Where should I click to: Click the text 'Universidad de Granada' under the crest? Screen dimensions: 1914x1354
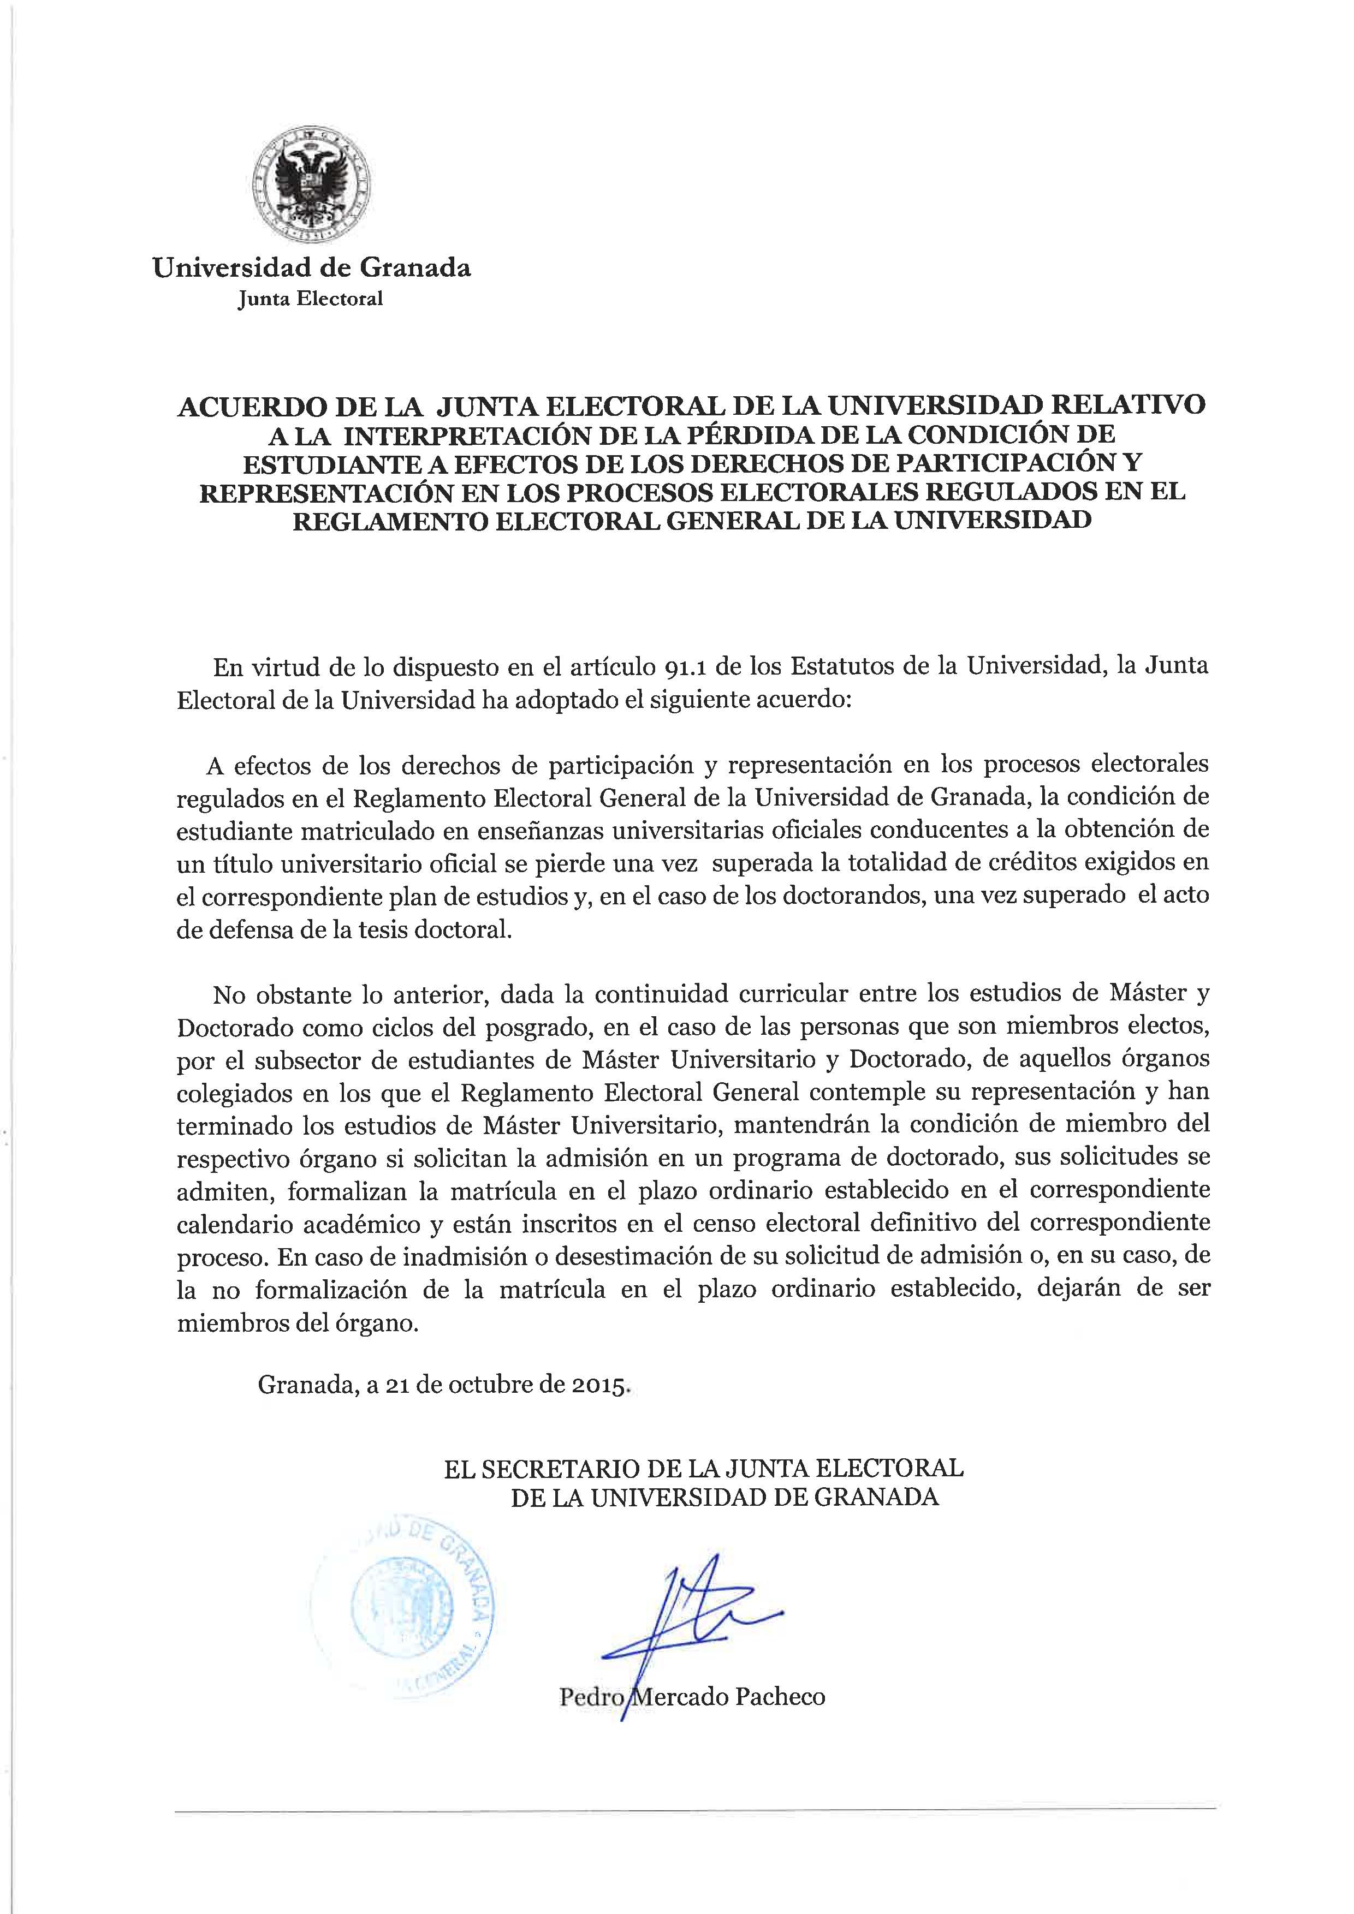311,267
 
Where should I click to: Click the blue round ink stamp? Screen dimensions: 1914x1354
403,1595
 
